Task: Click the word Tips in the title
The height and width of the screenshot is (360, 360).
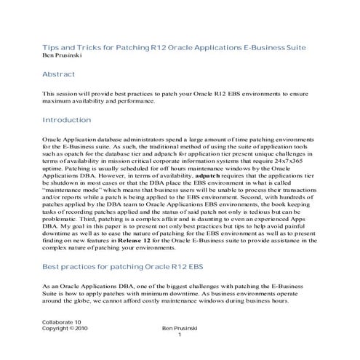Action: (49, 47)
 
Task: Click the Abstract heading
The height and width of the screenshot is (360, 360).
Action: (58, 74)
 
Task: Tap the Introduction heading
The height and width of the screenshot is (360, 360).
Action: (66, 120)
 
